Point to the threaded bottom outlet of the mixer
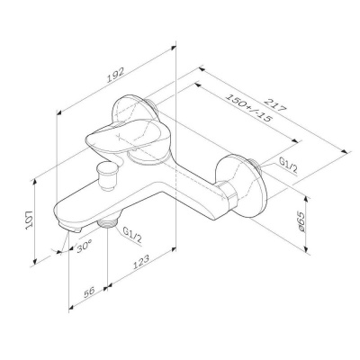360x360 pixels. (111, 221)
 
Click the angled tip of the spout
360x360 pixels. (66, 232)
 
